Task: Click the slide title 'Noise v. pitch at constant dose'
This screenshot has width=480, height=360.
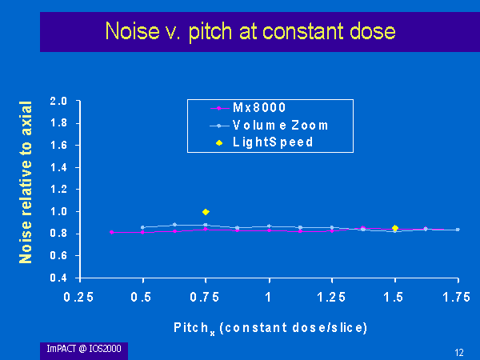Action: [250, 31]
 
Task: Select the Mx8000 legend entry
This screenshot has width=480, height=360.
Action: [248, 108]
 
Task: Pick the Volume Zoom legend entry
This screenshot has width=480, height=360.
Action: [269, 126]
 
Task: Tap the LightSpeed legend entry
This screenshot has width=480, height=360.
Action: [265, 142]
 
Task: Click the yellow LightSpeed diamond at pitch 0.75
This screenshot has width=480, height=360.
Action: [206, 212]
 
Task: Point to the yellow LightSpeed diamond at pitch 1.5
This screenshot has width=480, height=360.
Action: [395, 228]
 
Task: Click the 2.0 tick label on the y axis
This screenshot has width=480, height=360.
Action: [58, 101]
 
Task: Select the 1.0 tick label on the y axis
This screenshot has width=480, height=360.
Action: [58, 211]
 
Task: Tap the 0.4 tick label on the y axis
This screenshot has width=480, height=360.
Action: [58, 278]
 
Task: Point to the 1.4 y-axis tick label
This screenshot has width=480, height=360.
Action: [58, 167]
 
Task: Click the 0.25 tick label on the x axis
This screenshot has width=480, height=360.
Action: [78, 297]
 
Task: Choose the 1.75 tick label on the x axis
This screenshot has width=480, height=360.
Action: [457, 297]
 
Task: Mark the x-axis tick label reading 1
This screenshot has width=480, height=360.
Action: [269, 297]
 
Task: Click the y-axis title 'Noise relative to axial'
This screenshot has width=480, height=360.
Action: [26, 182]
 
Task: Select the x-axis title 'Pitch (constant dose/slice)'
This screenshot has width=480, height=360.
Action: [270, 329]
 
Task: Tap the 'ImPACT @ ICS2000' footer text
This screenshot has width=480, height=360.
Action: [84, 349]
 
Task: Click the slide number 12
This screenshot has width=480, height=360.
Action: [459, 353]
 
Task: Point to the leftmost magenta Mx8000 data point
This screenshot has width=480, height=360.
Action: [112, 232]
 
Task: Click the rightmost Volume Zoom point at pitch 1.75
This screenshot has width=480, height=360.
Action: [458, 230]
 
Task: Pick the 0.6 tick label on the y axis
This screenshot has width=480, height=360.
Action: [58, 255]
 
